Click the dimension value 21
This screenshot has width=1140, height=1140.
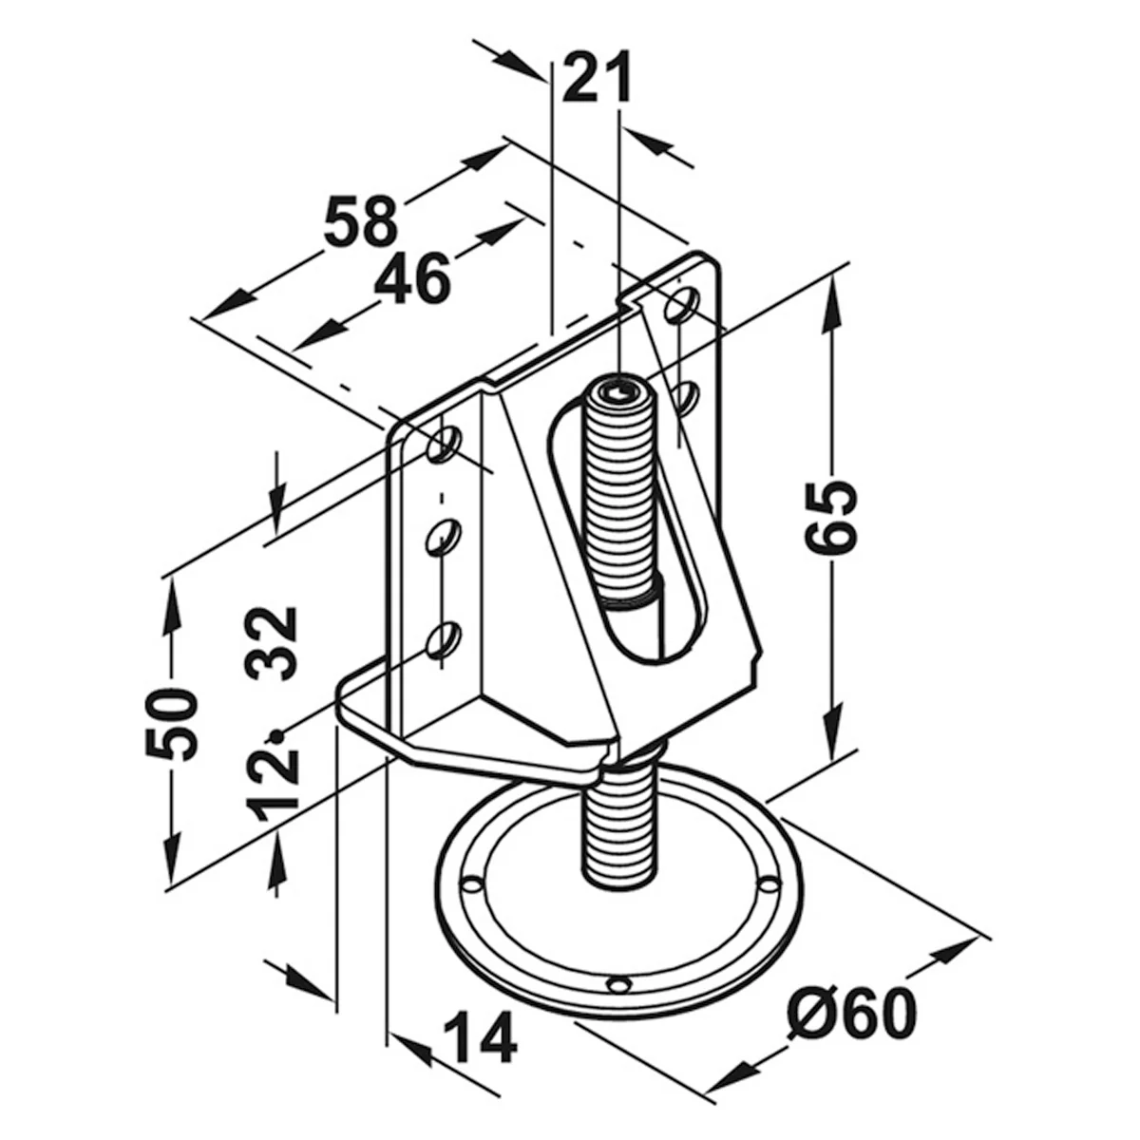pyautogui.click(x=597, y=78)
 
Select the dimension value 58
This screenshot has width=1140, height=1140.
pyautogui.click(x=360, y=222)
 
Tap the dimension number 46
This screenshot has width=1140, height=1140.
pyautogui.click(x=412, y=279)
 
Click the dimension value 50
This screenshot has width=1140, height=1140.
pyautogui.click(x=172, y=723)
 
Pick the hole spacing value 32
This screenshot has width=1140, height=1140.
pyautogui.click(x=271, y=644)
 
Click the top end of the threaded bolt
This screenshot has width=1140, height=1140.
pyautogui.click(x=619, y=391)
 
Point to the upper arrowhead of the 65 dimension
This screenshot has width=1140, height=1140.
pyautogui.click(x=831, y=305)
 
